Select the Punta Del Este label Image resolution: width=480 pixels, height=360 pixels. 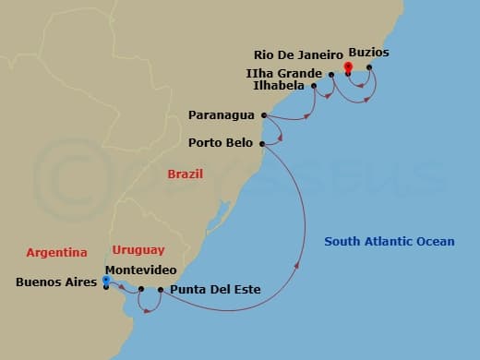215,290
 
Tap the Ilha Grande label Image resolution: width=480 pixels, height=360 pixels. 291,72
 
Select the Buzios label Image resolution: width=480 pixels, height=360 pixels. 369,54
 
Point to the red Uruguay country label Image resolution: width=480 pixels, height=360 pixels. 138,249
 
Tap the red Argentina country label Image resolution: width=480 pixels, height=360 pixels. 56,251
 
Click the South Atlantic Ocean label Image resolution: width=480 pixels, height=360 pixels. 390,242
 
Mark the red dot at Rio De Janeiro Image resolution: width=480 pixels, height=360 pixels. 348,66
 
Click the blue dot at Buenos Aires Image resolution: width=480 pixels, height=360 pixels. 106,280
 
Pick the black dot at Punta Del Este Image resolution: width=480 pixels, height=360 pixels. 161,290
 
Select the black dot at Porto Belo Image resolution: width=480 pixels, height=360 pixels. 263,143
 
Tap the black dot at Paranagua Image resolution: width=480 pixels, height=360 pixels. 265,115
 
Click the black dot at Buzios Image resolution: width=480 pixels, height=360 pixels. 369,66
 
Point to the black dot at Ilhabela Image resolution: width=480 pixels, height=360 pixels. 315,86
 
